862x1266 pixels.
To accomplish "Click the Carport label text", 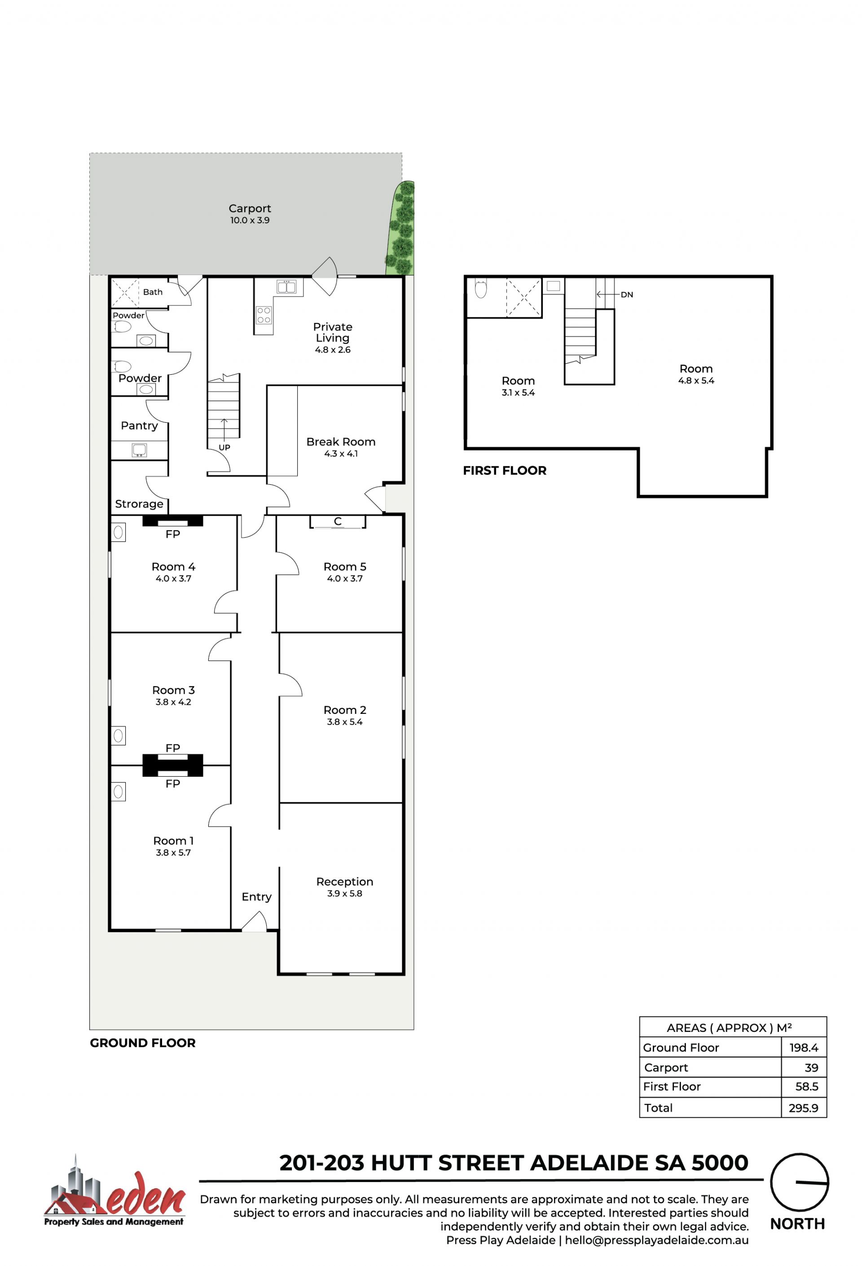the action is tap(250, 208).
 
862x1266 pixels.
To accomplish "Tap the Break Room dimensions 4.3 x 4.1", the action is tap(341, 454).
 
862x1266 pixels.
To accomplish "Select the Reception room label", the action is tap(345, 881).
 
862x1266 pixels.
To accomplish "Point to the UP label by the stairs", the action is tap(224, 448).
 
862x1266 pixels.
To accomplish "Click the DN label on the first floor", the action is tap(627, 295).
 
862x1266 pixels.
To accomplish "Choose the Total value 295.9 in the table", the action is tap(803, 1108).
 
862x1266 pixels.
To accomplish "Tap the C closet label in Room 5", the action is tap(338, 521).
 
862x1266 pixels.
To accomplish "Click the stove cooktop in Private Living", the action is tap(264, 315).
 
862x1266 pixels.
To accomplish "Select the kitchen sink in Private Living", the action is tap(286, 287).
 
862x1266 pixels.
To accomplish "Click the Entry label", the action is tap(256, 897).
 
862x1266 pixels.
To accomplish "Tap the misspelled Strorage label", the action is tap(139, 505).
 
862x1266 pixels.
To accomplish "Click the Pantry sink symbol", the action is tap(139, 450).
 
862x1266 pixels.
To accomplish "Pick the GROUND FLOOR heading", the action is tap(143, 1043).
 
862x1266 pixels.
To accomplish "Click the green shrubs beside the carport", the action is tap(401, 228).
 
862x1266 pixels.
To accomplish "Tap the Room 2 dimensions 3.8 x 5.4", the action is tap(345, 722).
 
